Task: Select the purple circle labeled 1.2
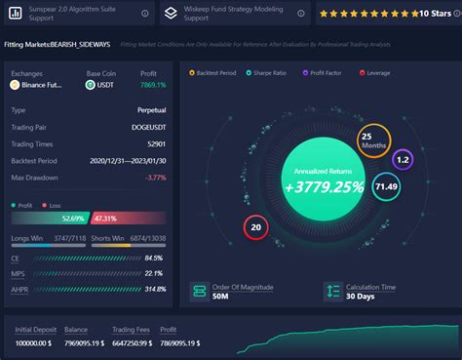click(403, 158)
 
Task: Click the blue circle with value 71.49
click(387, 186)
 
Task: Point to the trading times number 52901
click(153, 144)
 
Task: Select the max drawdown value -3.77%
click(155, 178)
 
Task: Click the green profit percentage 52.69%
click(74, 219)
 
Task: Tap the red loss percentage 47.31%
click(106, 219)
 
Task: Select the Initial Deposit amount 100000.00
click(35, 343)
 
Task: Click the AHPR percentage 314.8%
click(153, 289)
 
